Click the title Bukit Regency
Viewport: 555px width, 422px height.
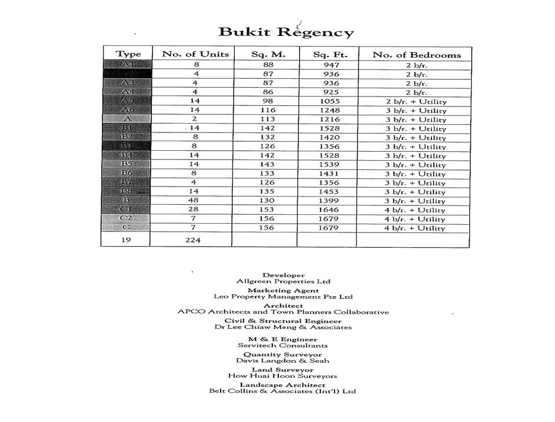pyautogui.click(x=286, y=32)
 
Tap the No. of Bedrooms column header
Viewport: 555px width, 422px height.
pyautogui.click(x=416, y=55)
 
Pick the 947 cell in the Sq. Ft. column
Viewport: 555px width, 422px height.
pyautogui.click(x=332, y=65)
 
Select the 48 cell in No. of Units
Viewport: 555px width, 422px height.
pyautogui.click(x=194, y=201)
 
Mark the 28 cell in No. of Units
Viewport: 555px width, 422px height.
pyautogui.click(x=194, y=210)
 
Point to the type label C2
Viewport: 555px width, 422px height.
pyautogui.click(x=127, y=218)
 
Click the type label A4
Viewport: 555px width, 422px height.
pyautogui.click(x=128, y=92)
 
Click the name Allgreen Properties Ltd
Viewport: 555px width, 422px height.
pyautogui.click(x=283, y=281)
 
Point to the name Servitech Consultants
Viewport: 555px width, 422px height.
pyautogui.click(x=283, y=345)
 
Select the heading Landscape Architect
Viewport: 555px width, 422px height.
pyautogui.click(x=282, y=385)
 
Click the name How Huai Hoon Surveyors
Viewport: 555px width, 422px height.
pyautogui.click(x=283, y=376)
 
